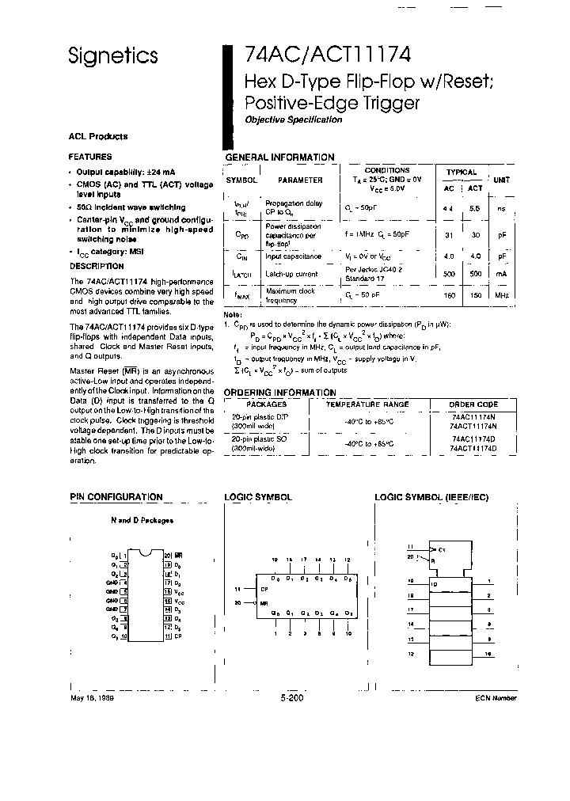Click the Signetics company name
point(112,56)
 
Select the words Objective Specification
point(293,120)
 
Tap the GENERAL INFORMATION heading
point(279,157)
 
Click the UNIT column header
point(501,180)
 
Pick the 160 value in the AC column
point(450,294)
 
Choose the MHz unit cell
point(501,294)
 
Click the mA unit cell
point(501,274)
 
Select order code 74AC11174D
point(473,438)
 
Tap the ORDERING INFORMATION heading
point(279,392)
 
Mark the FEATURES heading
point(90,157)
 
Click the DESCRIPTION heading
point(97,267)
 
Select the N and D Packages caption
point(142,520)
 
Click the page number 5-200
point(292,698)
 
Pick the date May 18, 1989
point(92,698)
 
